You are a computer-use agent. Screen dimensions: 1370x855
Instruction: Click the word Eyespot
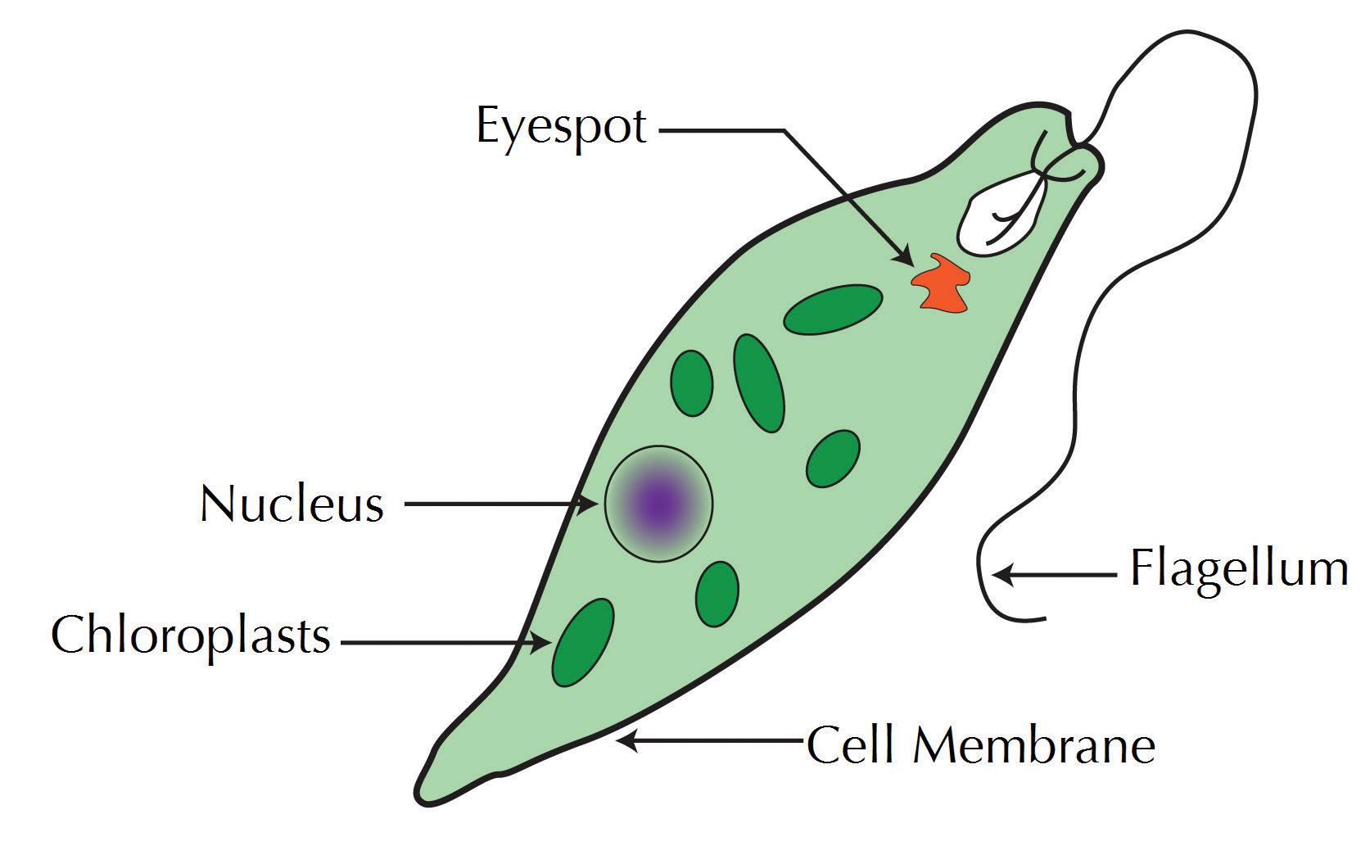(x=562, y=128)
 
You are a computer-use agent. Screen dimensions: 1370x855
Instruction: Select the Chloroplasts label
(x=191, y=635)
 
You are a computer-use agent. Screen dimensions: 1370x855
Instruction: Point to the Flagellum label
(x=1239, y=568)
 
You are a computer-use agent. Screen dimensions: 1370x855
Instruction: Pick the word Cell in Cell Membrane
(x=851, y=745)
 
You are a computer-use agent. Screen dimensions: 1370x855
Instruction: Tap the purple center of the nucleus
(x=659, y=504)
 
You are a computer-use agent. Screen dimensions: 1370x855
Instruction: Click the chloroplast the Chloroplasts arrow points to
(x=583, y=643)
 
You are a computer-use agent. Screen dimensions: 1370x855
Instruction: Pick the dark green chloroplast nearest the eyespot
(x=833, y=310)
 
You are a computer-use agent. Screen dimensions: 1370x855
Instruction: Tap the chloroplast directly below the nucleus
(x=717, y=593)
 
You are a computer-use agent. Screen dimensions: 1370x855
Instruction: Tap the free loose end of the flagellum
(x=1044, y=617)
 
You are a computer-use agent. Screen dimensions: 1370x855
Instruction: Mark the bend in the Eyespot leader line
(x=784, y=129)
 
